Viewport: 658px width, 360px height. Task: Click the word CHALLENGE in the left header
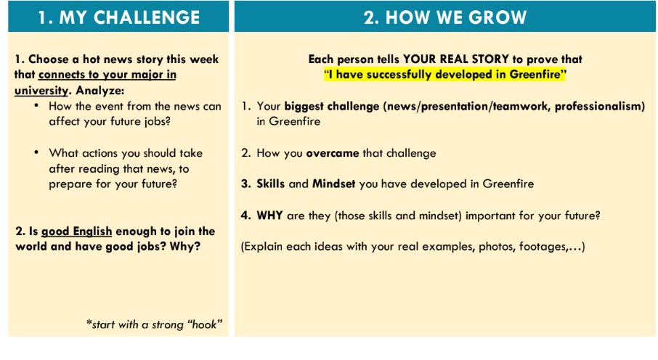pos(147,17)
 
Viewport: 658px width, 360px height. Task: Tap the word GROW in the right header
pos(497,17)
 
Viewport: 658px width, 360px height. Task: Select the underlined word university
pos(41,91)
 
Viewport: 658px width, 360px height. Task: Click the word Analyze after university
pos(100,91)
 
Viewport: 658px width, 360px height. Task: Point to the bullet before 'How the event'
pos(36,105)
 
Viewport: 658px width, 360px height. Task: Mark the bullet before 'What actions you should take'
pos(36,152)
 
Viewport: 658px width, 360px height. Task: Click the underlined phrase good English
pos(76,232)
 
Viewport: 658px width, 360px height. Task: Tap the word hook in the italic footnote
pos(204,324)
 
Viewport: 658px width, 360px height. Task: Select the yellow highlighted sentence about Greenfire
pos(444,75)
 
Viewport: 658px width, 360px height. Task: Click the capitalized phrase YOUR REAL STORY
pos(456,60)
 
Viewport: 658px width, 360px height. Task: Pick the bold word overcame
pos(333,153)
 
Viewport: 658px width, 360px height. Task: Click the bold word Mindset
pos(333,184)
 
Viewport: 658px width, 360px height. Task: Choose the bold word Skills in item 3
pos(270,184)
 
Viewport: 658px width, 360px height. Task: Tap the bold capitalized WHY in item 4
pos(269,216)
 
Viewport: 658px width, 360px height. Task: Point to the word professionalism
pos(600,107)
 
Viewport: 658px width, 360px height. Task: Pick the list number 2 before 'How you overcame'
pos(245,153)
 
